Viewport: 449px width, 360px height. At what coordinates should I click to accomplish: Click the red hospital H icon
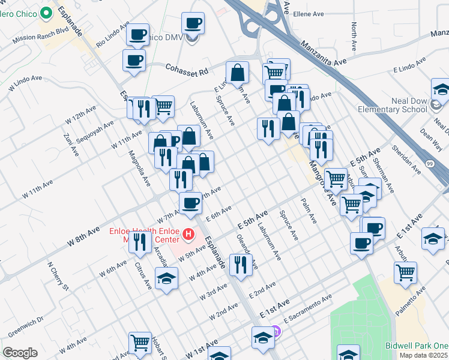(188, 234)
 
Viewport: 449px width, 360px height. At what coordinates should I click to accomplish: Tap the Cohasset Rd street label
(187, 70)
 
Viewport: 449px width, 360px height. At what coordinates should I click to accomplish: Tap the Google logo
(20, 353)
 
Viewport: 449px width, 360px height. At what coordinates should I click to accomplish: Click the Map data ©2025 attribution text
(423, 355)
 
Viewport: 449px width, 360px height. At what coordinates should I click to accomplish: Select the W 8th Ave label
(84, 236)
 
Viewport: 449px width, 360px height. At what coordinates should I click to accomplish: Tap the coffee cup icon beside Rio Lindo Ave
(137, 34)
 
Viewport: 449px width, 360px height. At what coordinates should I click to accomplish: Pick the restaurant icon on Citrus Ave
(140, 241)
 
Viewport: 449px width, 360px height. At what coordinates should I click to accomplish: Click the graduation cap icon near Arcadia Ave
(166, 278)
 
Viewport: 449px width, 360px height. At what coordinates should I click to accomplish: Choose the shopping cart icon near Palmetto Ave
(405, 272)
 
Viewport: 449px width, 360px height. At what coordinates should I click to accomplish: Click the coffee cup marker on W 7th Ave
(190, 202)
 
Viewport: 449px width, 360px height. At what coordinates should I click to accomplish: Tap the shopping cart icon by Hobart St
(140, 343)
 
